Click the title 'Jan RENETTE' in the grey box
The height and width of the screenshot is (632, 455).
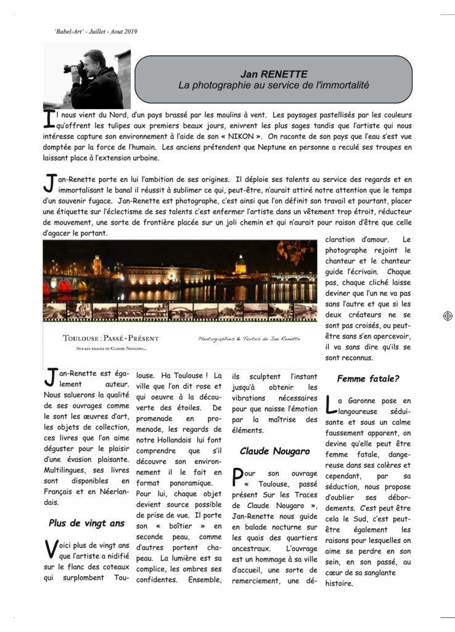273,74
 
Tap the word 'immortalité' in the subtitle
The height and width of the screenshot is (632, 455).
340,85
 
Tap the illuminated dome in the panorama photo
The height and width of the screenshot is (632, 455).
240,264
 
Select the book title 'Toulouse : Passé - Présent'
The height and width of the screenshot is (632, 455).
111,339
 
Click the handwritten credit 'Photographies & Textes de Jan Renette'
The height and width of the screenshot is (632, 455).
249,339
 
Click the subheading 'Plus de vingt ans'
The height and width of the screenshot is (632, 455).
86,523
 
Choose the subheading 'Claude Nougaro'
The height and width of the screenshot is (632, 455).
274,451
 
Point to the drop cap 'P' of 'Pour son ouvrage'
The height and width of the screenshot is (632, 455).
238,476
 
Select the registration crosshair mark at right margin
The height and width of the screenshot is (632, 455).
448,316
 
